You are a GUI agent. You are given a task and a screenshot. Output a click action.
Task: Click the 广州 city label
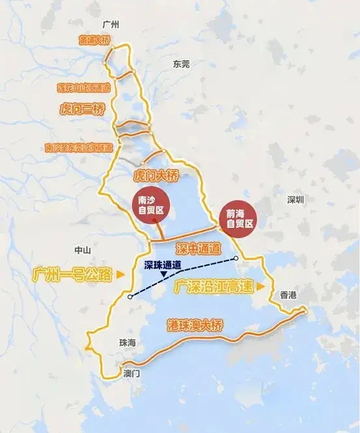[x=112, y=23]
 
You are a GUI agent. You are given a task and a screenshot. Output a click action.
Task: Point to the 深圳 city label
[x=295, y=201]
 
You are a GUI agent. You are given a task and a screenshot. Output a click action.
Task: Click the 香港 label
[x=288, y=295]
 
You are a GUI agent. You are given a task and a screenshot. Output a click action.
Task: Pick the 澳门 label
[x=132, y=374]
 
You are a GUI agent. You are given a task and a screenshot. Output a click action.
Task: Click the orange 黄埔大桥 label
[x=95, y=40]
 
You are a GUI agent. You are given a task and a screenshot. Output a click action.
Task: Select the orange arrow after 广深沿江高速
[x=260, y=286]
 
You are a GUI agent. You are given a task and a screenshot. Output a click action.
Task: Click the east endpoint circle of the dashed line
[x=236, y=258]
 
